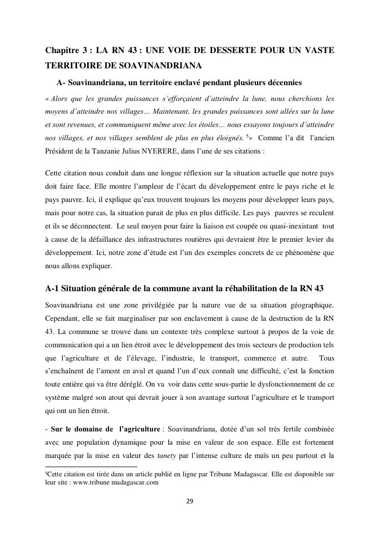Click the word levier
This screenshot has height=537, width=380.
[314, 239]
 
